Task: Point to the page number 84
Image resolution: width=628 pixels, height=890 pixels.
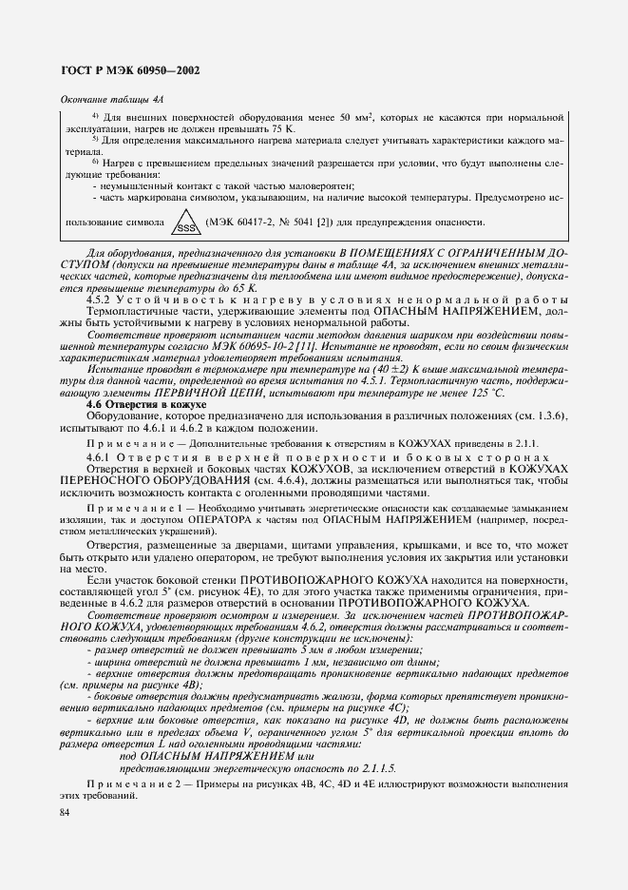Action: [x=65, y=813]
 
